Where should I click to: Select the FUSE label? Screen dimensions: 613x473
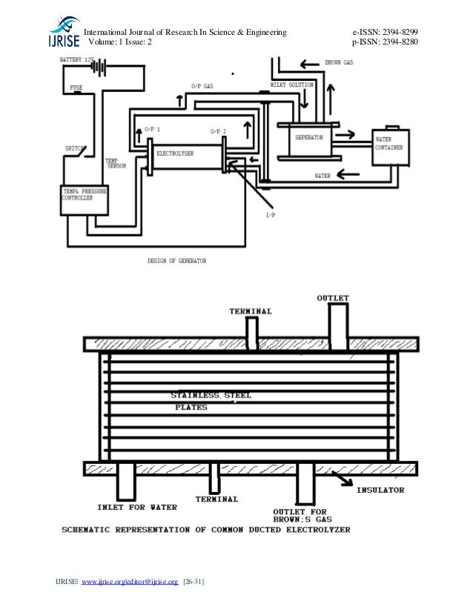pyautogui.click(x=76, y=88)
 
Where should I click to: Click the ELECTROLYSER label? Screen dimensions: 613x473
pyautogui.click(x=175, y=153)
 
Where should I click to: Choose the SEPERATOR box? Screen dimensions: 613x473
pyautogui.click(x=308, y=138)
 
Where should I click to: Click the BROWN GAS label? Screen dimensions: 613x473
pyautogui.click(x=339, y=62)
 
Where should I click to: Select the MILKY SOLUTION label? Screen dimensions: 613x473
pyautogui.click(x=292, y=85)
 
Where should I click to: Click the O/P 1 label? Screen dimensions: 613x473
pyautogui.click(x=152, y=129)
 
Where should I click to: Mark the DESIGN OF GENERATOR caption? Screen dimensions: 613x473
pyautogui.click(x=176, y=261)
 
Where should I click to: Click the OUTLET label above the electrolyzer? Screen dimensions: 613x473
pyautogui.click(x=333, y=298)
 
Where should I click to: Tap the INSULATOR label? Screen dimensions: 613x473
pyautogui.click(x=381, y=490)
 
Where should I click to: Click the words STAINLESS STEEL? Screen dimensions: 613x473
pyautogui.click(x=211, y=396)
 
